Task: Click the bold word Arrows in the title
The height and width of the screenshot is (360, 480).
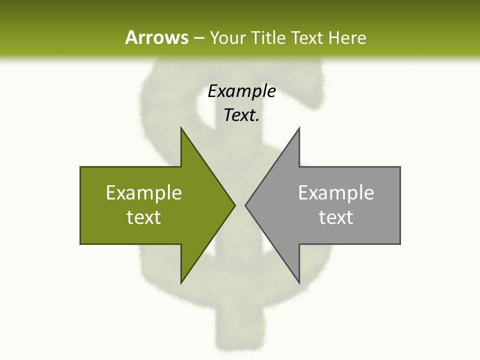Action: (x=156, y=37)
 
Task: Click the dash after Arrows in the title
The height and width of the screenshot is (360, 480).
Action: (x=198, y=38)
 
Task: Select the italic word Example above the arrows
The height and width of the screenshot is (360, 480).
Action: (x=241, y=91)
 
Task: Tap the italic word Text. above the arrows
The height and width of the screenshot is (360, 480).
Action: (x=241, y=115)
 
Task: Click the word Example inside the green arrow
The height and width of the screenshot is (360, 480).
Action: (x=144, y=193)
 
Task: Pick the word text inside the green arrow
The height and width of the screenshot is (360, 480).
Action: (x=144, y=217)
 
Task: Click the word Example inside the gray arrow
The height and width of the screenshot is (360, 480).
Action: (x=336, y=193)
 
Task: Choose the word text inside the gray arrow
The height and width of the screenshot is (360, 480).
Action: (x=336, y=217)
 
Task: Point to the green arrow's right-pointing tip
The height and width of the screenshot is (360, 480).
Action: (x=234, y=205)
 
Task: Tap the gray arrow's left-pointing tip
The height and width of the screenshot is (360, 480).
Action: (x=246, y=205)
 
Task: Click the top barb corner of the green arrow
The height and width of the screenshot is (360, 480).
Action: (x=181, y=129)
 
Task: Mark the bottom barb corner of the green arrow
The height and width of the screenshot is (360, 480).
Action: (x=181, y=282)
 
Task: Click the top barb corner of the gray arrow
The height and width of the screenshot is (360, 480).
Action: (x=299, y=129)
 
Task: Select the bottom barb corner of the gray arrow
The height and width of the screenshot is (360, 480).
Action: (x=299, y=282)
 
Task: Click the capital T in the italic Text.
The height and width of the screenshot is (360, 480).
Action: (x=229, y=115)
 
